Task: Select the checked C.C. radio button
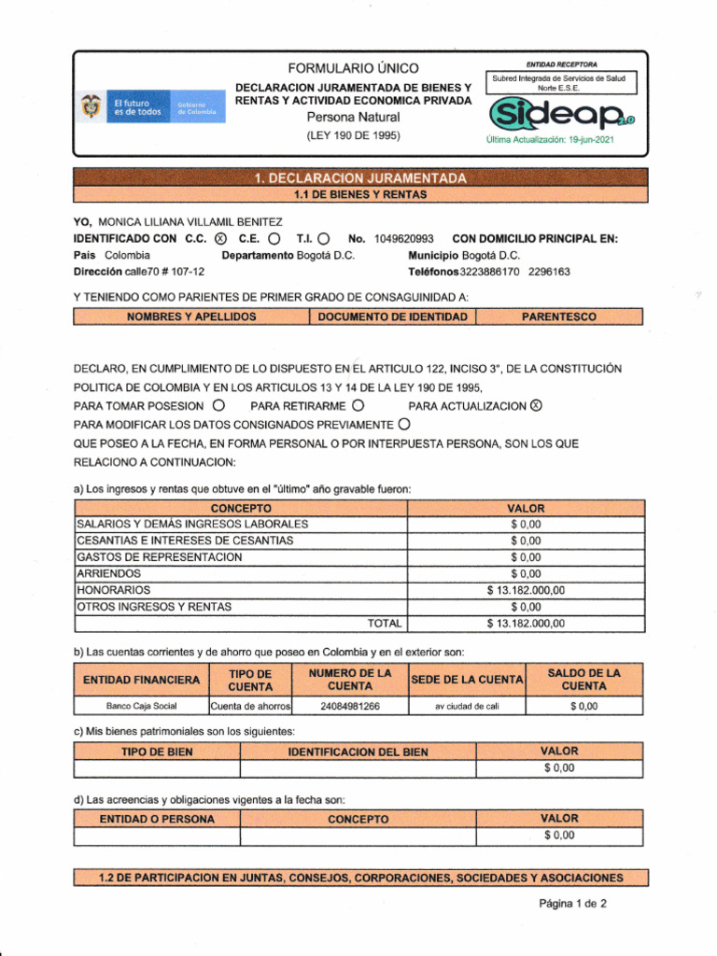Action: click(220, 239)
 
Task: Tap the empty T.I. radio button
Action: click(323, 239)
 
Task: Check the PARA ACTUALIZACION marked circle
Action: click(535, 406)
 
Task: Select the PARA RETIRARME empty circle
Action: click(358, 406)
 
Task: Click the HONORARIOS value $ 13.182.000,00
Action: click(526, 590)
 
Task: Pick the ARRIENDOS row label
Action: click(109, 573)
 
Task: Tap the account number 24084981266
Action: click(350, 706)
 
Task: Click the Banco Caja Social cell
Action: click(141, 706)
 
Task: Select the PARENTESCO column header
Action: click(559, 317)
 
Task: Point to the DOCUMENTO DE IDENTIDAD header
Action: click(392, 317)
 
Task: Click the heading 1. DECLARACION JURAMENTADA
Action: click(359, 178)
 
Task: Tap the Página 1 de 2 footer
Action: click(572, 904)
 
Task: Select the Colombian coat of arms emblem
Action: click(91, 107)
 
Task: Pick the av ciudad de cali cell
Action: click(467, 706)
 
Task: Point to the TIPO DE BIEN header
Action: click(157, 752)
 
